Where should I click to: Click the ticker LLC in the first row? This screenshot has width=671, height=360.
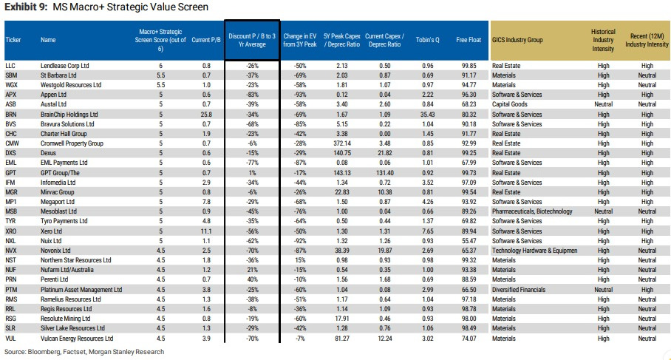(x=10, y=66)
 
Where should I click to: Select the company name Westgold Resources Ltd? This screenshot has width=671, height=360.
(x=71, y=85)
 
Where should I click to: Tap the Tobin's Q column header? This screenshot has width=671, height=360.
(x=428, y=40)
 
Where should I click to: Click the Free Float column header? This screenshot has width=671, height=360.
(x=469, y=40)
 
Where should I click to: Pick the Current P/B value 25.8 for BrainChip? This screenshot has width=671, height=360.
(x=206, y=115)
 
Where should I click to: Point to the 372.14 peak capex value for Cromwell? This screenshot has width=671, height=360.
(x=342, y=143)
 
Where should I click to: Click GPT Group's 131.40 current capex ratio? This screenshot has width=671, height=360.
(x=385, y=173)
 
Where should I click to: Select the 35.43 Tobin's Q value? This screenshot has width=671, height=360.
(x=428, y=115)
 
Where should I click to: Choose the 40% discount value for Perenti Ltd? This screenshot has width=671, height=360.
(x=253, y=279)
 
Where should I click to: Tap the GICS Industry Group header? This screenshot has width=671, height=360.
(x=517, y=40)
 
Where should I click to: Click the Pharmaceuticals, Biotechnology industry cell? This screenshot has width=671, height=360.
(x=532, y=211)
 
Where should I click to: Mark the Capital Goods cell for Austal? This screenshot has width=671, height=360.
(x=510, y=104)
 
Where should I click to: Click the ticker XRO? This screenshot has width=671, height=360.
(x=10, y=231)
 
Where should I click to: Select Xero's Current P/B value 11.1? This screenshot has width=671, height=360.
(x=206, y=231)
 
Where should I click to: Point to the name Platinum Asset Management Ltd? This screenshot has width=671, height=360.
(x=81, y=289)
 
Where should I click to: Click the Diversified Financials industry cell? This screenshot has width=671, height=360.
(x=519, y=289)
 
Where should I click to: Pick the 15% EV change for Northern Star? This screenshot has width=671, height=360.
(x=300, y=260)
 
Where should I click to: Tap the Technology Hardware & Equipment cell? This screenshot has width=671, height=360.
(x=534, y=251)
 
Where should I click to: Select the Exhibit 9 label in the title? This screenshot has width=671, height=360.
(x=26, y=7)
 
